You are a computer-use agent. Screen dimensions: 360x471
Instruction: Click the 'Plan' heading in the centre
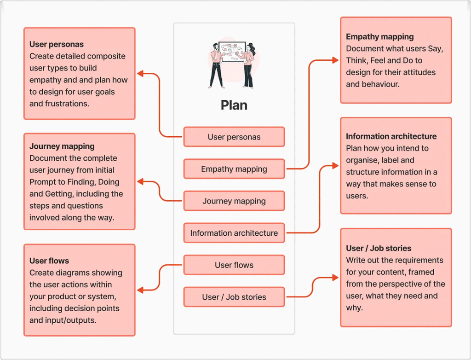pyautogui.click(x=234, y=105)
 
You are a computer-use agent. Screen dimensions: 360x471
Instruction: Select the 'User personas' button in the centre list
pyautogui.click(x=234, y=137)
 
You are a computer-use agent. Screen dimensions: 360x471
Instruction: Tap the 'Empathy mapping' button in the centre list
pyautogui.click(x=234, y=169)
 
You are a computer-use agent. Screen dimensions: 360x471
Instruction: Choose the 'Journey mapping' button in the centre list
pyautogui.click(x=234, y=201)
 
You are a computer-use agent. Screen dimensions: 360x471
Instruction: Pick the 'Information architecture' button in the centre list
pyautogui.click(x=234, y=233)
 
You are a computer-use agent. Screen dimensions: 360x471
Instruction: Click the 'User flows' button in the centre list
pyautogui.click(x=234, y=265)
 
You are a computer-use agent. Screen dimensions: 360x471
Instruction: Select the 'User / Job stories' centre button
pyautogui.click(x=234, y=297)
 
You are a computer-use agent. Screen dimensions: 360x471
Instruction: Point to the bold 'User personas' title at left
pyautogui.click(x=57, y=45)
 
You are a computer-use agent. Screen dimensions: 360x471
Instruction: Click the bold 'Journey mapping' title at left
pyautogui.click(x=62, y=146)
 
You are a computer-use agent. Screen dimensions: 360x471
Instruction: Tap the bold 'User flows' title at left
pyautogui.click(x=49, y=261)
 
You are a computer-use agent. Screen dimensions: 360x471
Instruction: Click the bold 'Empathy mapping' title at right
pyautogui.click(x=380, y=37)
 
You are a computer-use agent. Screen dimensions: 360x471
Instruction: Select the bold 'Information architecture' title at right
pyautogui.click(x=391, y=136)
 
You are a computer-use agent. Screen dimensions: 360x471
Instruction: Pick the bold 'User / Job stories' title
pyautogui.click(x=379, y=248)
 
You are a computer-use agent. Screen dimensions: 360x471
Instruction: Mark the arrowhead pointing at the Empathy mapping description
pyautogui.click(x=336, y=60)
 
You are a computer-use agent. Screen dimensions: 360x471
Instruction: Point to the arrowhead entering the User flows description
pyautogui.click(x=140, y=290)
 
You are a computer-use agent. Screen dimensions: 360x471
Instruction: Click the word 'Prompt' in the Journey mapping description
pyautogui.click(x=44, y=182)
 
